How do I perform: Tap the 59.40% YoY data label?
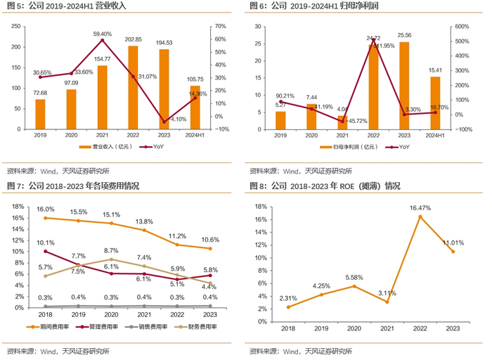point(102,34)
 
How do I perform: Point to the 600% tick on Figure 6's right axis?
point(462,27)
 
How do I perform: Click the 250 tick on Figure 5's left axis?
point(16,27)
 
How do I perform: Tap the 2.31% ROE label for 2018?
point(289,297)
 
